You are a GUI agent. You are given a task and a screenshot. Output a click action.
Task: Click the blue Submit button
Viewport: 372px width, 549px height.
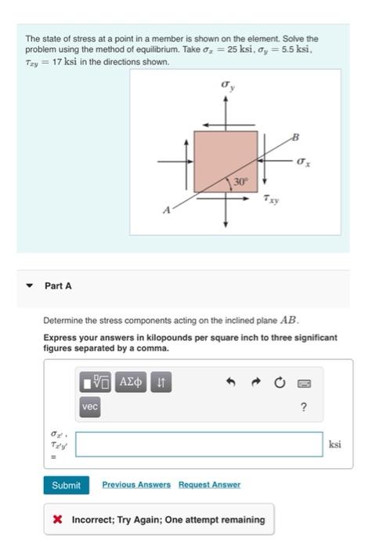click(66, 485)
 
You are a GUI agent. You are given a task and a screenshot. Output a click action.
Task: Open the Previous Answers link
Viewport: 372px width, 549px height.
click(136, 485)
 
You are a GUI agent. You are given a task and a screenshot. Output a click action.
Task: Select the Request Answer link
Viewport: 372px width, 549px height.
click(209, 485)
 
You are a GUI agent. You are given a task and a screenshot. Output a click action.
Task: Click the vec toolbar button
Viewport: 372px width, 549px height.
click(90, 407)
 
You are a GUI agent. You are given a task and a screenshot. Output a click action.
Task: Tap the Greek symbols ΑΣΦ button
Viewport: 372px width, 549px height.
click(131, 382)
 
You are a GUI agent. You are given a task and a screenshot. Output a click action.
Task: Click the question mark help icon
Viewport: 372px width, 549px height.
click(304, 407)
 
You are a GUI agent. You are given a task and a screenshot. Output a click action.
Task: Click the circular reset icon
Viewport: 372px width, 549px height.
click(280, 383)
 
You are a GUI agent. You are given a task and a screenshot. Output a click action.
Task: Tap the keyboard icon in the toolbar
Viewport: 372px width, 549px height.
click(304, 383)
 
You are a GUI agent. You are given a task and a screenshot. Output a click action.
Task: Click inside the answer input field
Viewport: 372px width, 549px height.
click(199, 445)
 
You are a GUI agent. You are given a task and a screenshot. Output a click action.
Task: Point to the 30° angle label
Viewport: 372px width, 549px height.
click(240, 182)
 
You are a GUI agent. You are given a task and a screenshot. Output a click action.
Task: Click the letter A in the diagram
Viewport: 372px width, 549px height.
click(167, 210)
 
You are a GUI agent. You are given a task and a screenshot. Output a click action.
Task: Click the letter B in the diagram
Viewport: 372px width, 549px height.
click(295, 136)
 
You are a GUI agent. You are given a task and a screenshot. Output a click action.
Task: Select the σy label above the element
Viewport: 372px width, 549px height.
click(228, 85)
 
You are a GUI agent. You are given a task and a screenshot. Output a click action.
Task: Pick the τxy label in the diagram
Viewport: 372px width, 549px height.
click(271, 199)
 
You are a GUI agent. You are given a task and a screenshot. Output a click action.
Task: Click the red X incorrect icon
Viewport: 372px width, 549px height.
click(58, 519)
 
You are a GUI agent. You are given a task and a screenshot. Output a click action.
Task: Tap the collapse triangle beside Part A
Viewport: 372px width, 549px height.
click(30, 285)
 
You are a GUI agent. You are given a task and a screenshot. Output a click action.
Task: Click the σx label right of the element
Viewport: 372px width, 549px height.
click(303, 162)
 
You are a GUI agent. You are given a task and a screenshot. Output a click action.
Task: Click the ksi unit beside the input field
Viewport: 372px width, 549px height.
click(334, 445)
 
